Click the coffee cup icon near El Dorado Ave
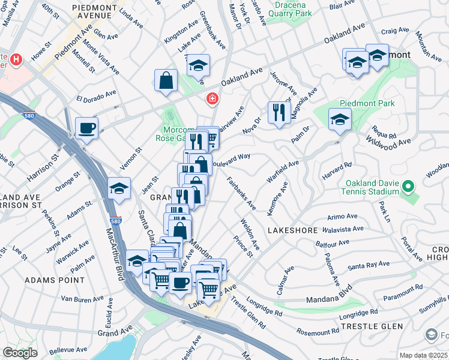point(87,128)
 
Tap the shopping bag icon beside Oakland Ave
point(166,80)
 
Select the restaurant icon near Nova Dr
point(279,113)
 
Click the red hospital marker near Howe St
point(16,60)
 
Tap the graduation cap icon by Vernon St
point(119,188)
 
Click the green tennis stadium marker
point(409,187)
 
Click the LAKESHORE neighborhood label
point(292,230)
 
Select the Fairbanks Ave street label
point(243,193)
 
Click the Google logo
point(20,353)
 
